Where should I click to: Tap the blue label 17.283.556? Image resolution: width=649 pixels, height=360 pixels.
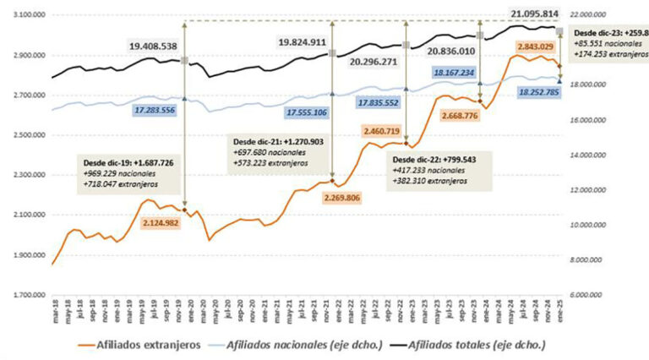coord(142,110)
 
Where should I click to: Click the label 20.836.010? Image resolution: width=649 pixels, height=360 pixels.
coord(456,51)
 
